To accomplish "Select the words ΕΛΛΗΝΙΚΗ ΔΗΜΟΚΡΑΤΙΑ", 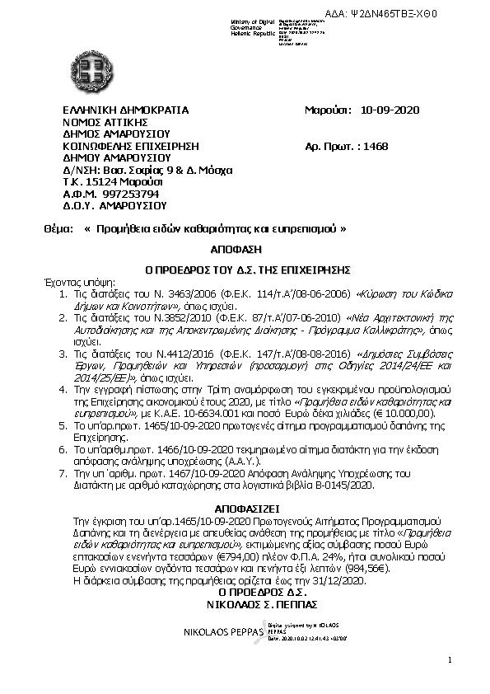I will [126, 110].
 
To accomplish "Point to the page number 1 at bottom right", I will [450, 659].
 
